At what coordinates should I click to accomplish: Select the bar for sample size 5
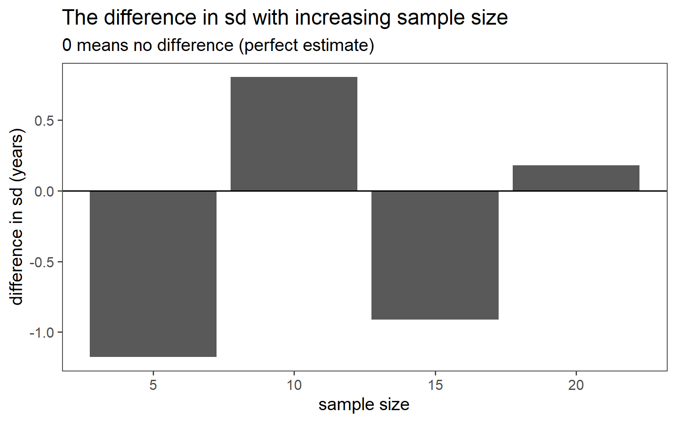point(153,273)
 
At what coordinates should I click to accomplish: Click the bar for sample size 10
point(294,134)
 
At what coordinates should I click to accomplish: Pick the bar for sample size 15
point(435,255)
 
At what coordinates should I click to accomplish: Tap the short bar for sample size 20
point(576,178)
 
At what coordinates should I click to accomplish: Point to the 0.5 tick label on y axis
point(44,121)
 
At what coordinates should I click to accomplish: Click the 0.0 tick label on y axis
point(44,191)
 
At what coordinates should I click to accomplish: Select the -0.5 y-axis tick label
point(42,262)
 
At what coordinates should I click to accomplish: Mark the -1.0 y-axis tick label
point(42,333)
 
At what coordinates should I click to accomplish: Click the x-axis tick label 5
point(153,385)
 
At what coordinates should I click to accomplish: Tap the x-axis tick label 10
point(294,385)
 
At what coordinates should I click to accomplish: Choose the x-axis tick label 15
point(435,385)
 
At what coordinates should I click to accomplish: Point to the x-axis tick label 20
point(576,385)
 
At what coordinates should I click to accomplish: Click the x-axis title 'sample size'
point(364,404)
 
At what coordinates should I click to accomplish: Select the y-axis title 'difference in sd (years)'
point(17,217)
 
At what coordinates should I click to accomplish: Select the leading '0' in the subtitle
point(67,45)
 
